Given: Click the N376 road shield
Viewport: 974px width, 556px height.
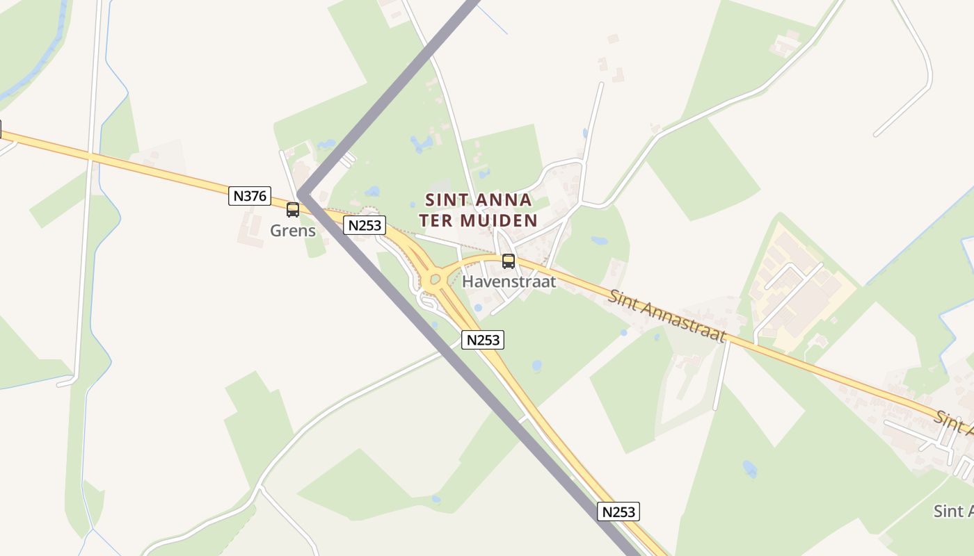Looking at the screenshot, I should (x=250, y=196).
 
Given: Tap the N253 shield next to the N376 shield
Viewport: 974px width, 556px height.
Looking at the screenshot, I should (x=364, y=225).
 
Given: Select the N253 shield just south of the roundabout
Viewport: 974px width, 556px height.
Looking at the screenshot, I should (x=482, y=340).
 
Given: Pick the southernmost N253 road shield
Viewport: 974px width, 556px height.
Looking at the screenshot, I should (x=618, y=512).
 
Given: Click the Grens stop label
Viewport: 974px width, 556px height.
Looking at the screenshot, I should (x=293, y=231).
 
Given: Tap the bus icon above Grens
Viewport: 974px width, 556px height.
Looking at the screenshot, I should (x=293, y=210).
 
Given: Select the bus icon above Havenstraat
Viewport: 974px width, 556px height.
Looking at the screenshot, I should (x=509, y=261).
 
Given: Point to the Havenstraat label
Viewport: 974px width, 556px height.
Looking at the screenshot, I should (x=509, y=281).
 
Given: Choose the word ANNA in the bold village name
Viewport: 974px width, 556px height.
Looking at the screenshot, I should (x=506, y=200).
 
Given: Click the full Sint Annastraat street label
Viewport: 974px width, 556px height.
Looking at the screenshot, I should (x=667, y=316).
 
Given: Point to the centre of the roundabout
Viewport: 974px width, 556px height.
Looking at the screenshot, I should (x=436, y=280).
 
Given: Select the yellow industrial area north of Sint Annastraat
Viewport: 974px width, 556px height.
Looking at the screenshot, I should (x=800, y=292).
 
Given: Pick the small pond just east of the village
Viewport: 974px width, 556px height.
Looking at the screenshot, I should (x=599, y=241).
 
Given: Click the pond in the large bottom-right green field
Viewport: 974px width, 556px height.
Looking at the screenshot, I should (x=750, y=468).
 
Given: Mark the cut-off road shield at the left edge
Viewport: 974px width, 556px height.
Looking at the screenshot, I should (x=1, y=129).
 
